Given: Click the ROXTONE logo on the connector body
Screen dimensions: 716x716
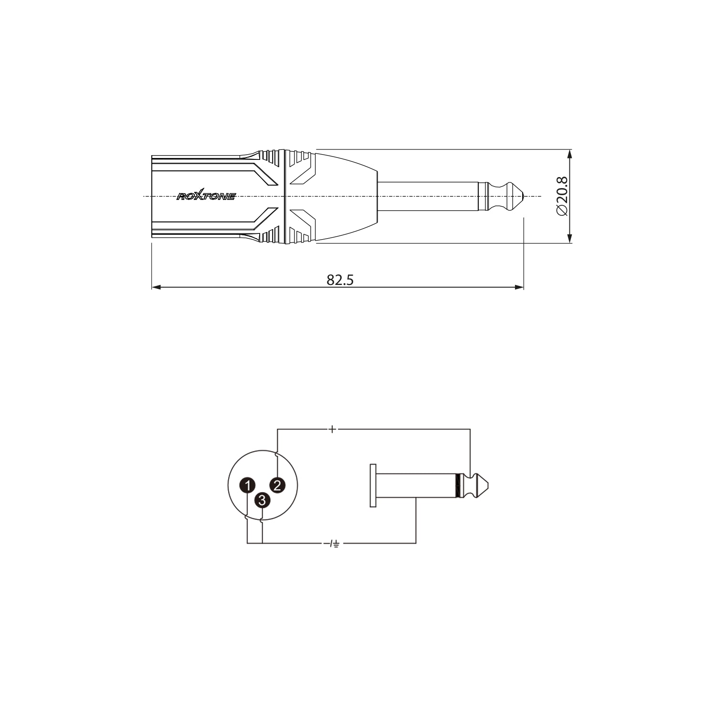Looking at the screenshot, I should [x=206, y=196].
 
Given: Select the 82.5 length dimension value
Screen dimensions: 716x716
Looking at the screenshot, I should [x=340, y=280].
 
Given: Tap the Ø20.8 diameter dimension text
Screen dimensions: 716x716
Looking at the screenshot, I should [x=563, y=196].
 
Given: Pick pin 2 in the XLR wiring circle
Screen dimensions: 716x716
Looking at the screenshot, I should [x=277, y=485].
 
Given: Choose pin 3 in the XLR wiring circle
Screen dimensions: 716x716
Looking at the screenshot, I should [x=262, y=500].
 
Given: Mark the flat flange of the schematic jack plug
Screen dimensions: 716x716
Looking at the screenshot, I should [x=373, y=485].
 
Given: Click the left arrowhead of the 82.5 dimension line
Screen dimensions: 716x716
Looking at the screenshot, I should [x=155, y=287].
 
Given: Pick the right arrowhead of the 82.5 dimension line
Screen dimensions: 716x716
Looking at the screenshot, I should [x=520, y=287].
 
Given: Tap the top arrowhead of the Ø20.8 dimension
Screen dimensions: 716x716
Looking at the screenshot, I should [x=569, y=155].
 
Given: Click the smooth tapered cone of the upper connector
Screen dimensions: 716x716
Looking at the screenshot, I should [x=346, y=196].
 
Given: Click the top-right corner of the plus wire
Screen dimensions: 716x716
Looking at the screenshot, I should [x=470, y=430].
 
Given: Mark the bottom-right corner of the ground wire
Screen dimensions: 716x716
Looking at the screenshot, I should [x=416, y=543].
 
